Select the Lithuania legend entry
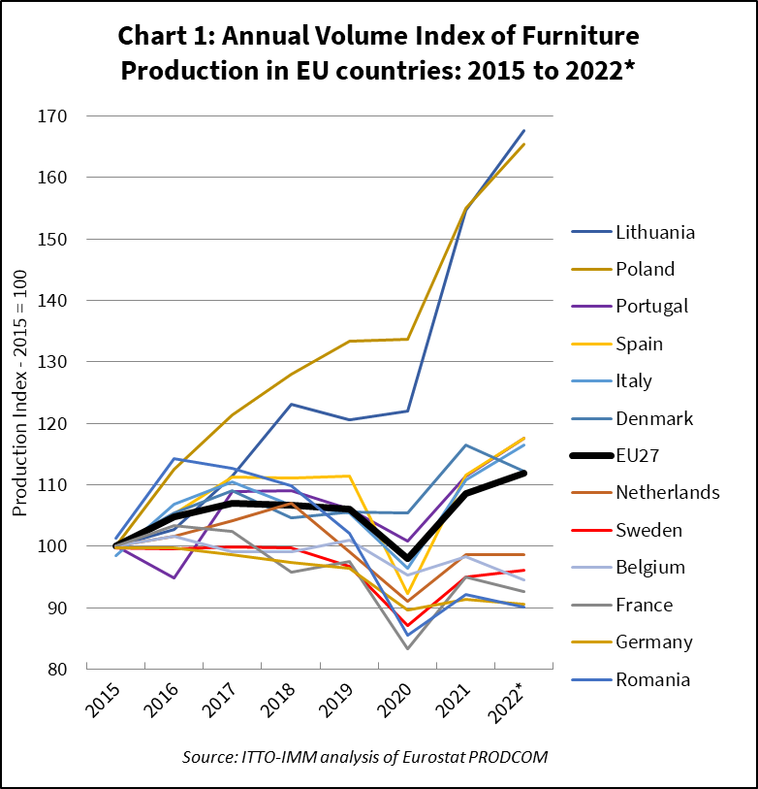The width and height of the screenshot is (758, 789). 655,232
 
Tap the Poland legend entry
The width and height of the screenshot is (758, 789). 645,269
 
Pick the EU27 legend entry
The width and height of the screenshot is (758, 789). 639,455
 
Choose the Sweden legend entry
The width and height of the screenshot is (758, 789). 648,530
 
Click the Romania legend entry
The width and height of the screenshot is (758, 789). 652,679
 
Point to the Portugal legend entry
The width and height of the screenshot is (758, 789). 651,306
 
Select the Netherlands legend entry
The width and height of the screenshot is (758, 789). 667,492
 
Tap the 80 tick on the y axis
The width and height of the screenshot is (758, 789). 66,670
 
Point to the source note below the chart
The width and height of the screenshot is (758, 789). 364,757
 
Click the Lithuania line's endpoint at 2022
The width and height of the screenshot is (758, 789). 524,130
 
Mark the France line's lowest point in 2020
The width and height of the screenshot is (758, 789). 407,648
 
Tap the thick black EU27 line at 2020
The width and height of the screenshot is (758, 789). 407,559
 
